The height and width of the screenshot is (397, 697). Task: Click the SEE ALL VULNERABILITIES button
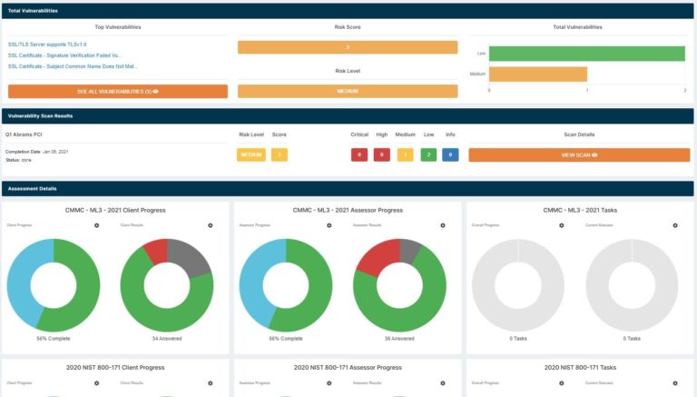point(118,92)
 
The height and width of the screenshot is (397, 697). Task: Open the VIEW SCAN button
point(579,155)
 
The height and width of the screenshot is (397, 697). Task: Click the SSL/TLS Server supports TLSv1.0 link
point(47,44)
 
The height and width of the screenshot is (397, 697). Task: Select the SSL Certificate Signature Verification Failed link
point(64,55)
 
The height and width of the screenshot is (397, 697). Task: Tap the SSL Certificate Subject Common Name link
point(73,66)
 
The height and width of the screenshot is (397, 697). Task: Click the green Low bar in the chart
point(586,54)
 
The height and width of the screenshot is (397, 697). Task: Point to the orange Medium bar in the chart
point(538,74)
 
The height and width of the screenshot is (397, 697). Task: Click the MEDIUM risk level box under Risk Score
point(348,92)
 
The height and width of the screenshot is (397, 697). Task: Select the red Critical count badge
point(359,155)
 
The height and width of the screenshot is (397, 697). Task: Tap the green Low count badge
point(427,155)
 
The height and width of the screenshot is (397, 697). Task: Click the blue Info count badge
point(450,155)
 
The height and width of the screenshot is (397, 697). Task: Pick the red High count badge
point(382,155)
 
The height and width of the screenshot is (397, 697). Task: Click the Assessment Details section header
point(33,189)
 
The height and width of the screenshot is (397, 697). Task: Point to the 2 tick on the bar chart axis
point(684,90)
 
